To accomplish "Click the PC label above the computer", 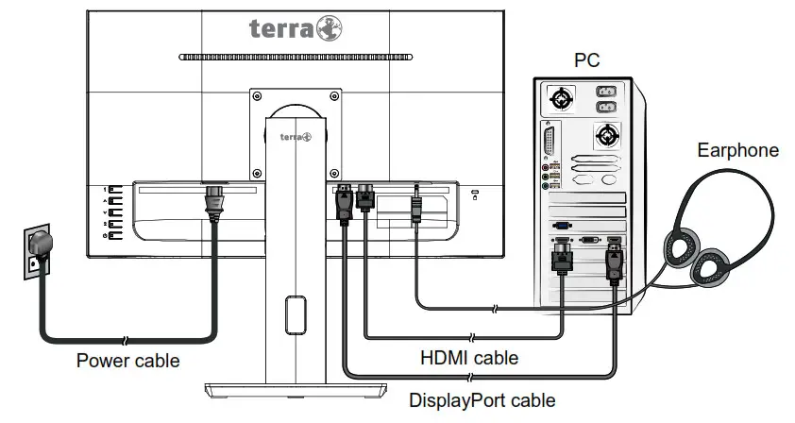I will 587,61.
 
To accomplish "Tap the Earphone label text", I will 737,150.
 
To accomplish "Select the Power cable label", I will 127,360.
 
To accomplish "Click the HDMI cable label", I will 468,358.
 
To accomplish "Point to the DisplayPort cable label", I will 482,399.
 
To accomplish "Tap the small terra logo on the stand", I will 296,137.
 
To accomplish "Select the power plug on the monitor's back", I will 217,203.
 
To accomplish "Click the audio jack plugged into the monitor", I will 415,205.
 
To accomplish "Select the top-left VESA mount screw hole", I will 256,94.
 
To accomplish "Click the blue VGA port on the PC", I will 562,227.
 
